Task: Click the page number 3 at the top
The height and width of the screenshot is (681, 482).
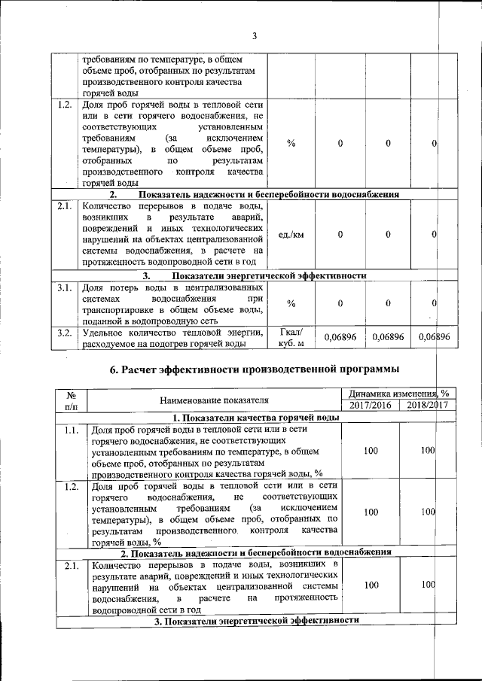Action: [x=255, y=36]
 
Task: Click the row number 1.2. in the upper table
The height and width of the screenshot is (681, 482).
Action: [x=64, y=105]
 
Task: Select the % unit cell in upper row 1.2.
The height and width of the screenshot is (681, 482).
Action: [x=291, y=144]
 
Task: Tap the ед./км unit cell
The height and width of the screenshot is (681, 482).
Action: [x=291, y=235]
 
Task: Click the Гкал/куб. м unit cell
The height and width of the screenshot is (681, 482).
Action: [x=291, y=339]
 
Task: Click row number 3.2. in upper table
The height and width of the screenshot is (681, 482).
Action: [x=64, y=333]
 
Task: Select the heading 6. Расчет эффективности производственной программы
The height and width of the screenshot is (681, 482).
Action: [x=254, y=369]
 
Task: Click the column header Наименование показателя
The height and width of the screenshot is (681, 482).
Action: [x=215, y=400]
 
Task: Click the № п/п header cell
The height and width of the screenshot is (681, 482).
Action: [x=73, y=400]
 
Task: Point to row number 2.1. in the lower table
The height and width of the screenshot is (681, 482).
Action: [x=73, y=564]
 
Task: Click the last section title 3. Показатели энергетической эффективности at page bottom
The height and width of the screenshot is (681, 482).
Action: [x=255, y=621]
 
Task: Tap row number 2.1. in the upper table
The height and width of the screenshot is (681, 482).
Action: [x=64, y=205]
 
